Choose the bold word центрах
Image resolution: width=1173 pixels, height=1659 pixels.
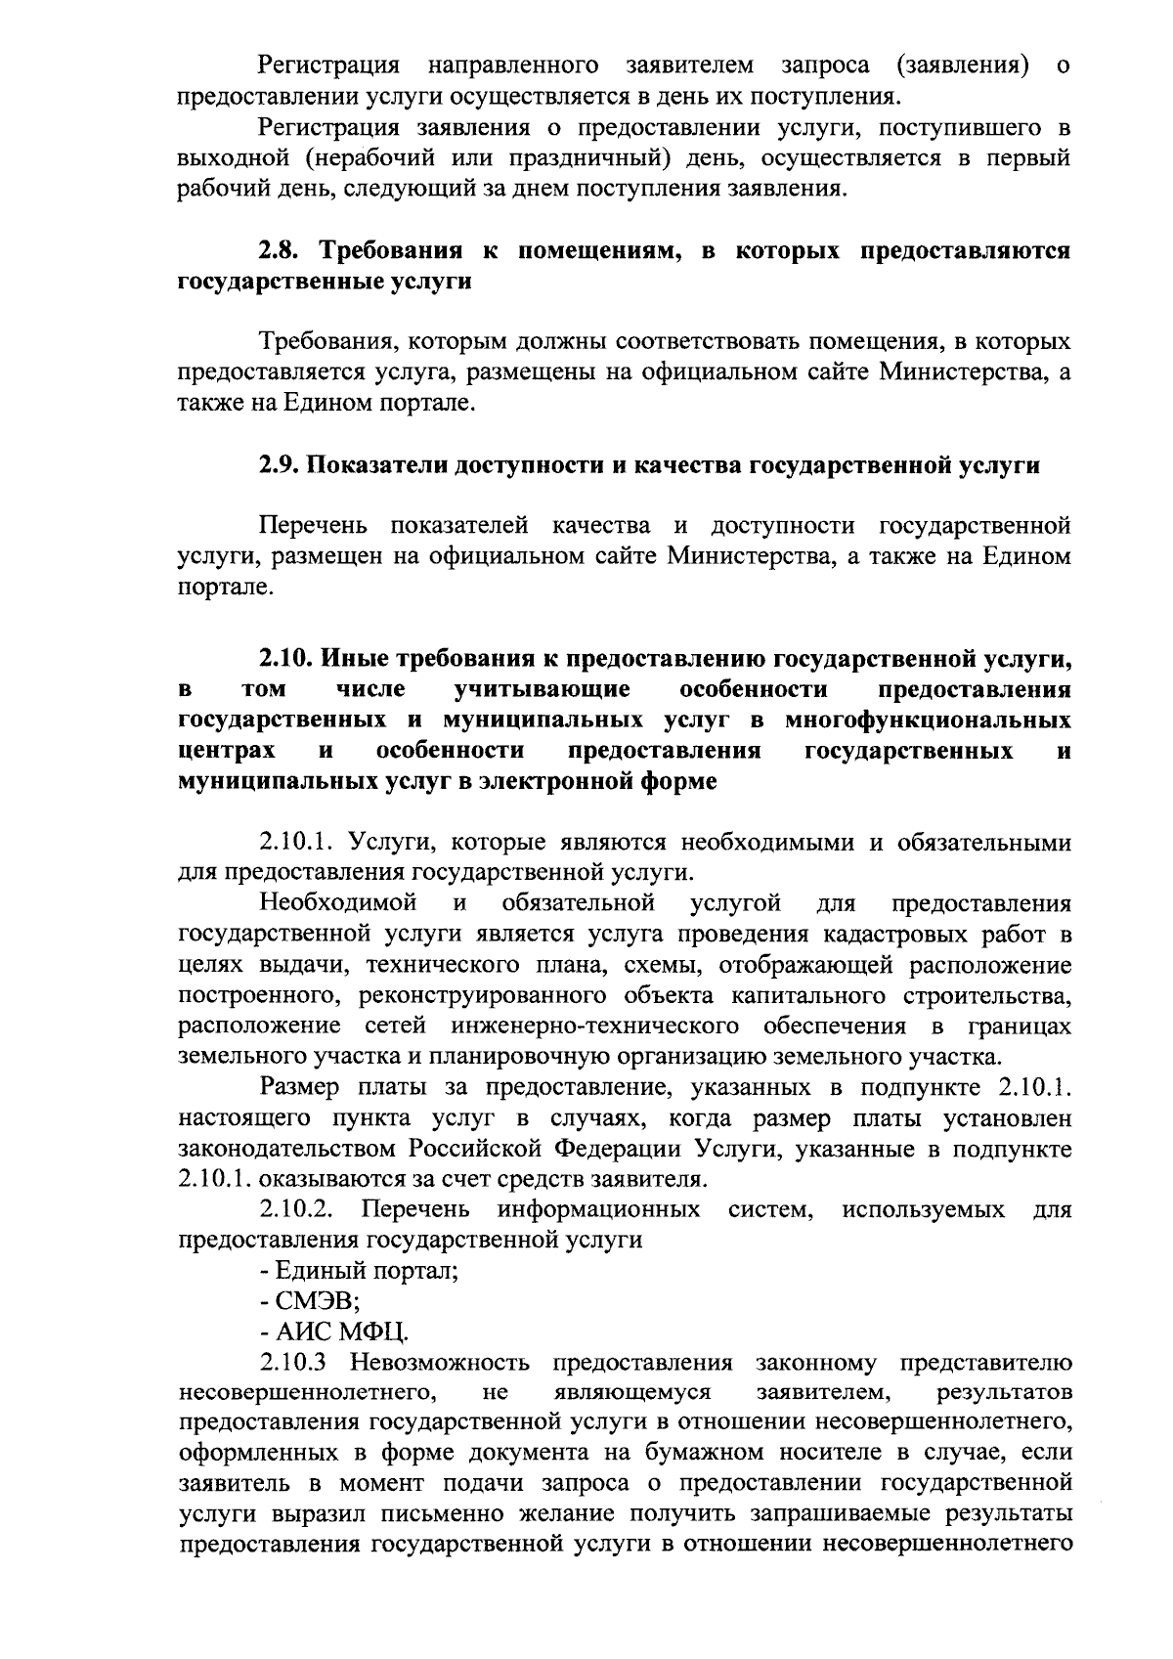point(227,752)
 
